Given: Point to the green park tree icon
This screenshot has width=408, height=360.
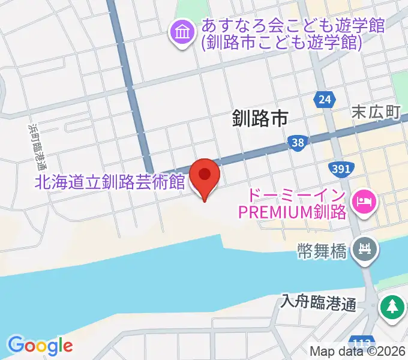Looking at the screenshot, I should point(392,307).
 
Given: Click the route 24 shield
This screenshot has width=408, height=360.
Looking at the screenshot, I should point(325,100).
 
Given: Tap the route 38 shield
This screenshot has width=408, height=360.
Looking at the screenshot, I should point(296,142).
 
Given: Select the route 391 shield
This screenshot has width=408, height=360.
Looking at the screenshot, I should point(340,169).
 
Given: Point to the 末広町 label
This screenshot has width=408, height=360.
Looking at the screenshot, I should point(376,112).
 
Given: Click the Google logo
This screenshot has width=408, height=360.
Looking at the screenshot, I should point(40,346).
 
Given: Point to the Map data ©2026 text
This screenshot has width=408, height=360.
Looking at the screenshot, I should point(358,352).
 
